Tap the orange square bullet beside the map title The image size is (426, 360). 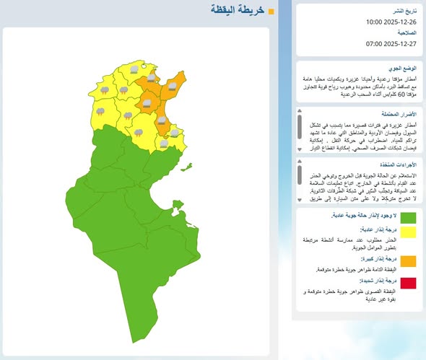click(x=271, y=12)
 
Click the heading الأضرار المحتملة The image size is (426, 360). click(x=398, y=114)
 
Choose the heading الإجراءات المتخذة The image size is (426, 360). click(x=398, y=164)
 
